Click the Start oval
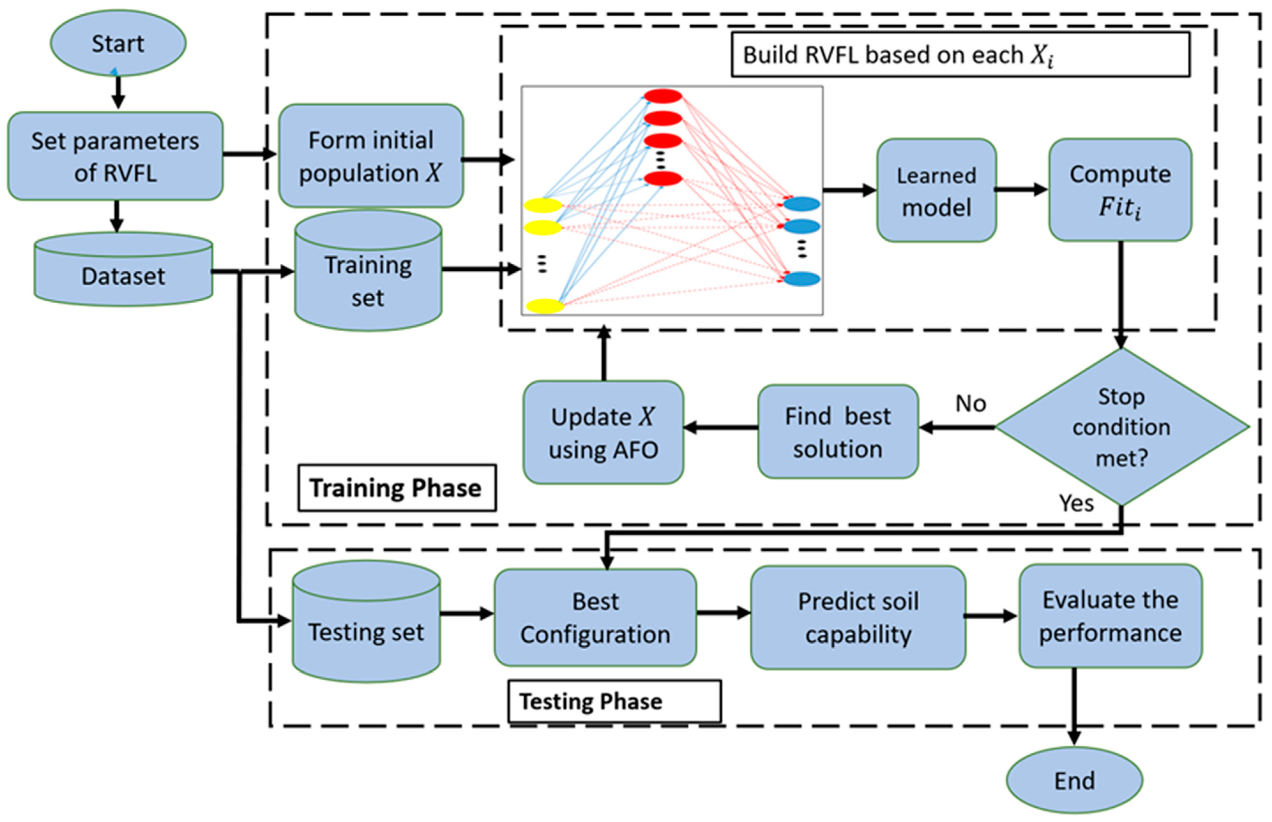[118, 43]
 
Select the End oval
[1074, 781]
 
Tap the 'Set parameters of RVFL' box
[115, 156]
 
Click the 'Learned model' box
[936, 191]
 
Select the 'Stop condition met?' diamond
[1122, 427]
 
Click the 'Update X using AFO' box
[603, 432]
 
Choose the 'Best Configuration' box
[595, 618]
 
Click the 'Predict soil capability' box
[858, 618]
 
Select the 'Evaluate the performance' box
[1110, 616]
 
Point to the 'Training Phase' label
[397, 488]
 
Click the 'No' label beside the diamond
[970, 403]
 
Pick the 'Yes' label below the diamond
[1076, 503]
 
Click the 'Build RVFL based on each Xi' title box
[960, 55]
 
